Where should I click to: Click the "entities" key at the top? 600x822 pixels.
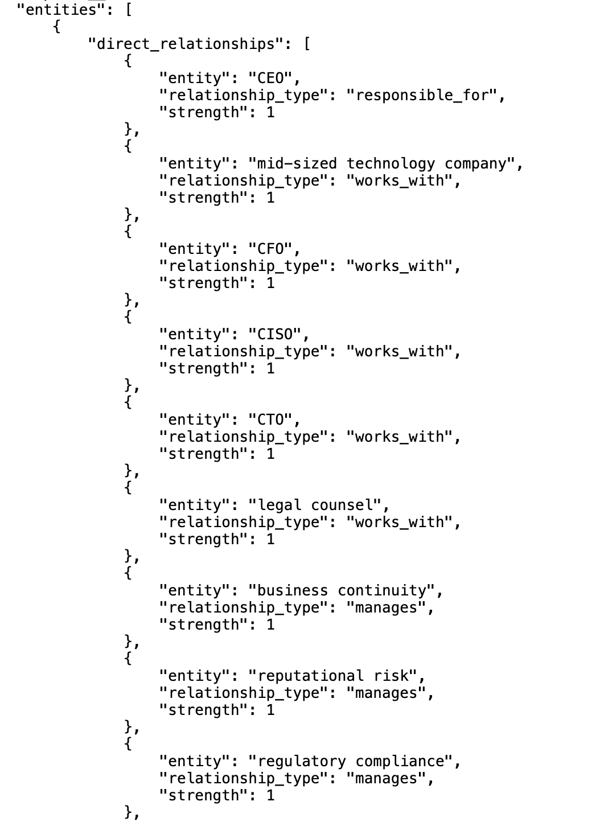click(x=60, y=10)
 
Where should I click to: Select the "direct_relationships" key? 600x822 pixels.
click(x=186, y=44)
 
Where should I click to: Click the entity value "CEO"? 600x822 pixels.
click(x=270, y=78)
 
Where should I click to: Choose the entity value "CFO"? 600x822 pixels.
click(x=270, y=249)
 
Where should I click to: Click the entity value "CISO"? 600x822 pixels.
click(x=275, y=334)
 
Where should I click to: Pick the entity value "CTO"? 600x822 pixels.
click(x=270, y=420)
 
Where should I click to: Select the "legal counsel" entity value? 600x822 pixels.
click(x=315, y=505)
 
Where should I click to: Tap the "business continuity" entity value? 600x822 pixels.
click(x=342, y=590)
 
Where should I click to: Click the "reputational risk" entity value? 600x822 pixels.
click(x=333, y=676)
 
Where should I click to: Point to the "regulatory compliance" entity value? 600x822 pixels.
click(x=351, y=761)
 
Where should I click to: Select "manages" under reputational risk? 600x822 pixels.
click(x=386, y=693)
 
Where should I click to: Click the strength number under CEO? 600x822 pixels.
click(x=270, y=112)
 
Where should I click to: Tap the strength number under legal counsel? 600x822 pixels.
click(x=270, y=539)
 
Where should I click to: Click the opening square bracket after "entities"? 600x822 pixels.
click(x=129, y=10)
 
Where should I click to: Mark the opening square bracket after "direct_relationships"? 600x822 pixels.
click(x=307, y=44)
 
